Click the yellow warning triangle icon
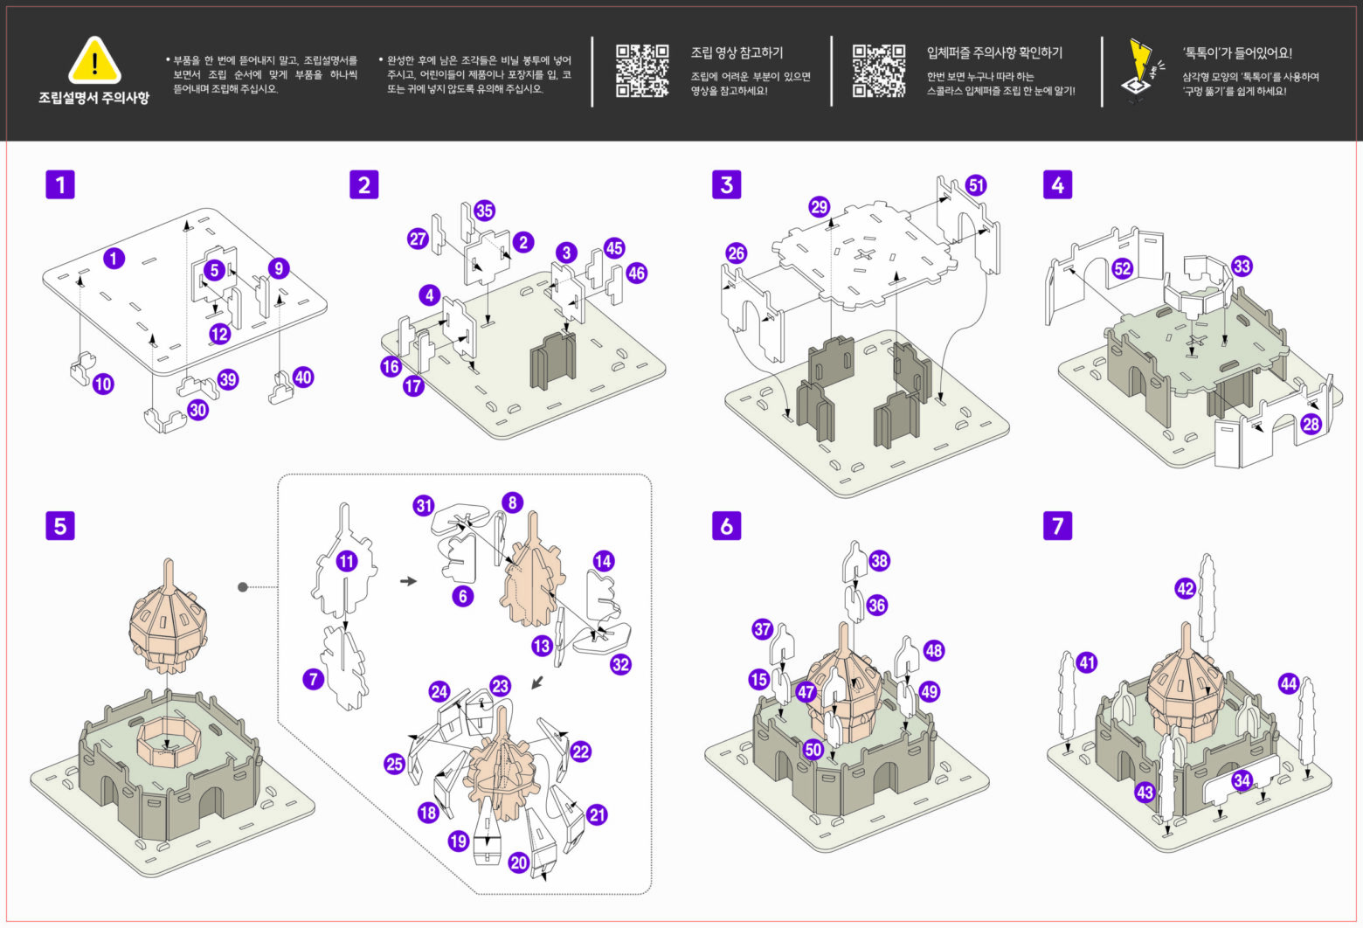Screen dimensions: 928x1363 click(94, 62)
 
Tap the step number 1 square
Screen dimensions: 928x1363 click(60, 184)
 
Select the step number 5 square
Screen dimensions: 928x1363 click(60, 525)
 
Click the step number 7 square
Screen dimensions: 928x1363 click(1058, 525)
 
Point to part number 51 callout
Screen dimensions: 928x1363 click(976, 185)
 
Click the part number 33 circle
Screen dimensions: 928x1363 click(1241, 266)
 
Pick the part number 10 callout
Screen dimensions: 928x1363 click(103, 383)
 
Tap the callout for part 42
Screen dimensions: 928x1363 click(1185, 589)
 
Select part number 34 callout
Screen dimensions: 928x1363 click(1242, 780)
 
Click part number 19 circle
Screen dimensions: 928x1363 click(459, 841)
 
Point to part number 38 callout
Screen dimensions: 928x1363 click(879, 560)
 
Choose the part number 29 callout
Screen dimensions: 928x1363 click(819, 207)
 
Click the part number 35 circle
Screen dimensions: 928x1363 click(484, 210)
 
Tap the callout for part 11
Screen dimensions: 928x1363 click(347, 561)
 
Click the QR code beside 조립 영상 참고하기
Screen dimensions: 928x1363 click(642, 71)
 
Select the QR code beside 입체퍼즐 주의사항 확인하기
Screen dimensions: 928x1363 click(878, 71)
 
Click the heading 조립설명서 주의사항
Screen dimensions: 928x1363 click(93, 98)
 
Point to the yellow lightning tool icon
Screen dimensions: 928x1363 click(1140, 70)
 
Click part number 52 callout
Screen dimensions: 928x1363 click(1123, 268)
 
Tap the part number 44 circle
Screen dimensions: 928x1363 click(1288, 683)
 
